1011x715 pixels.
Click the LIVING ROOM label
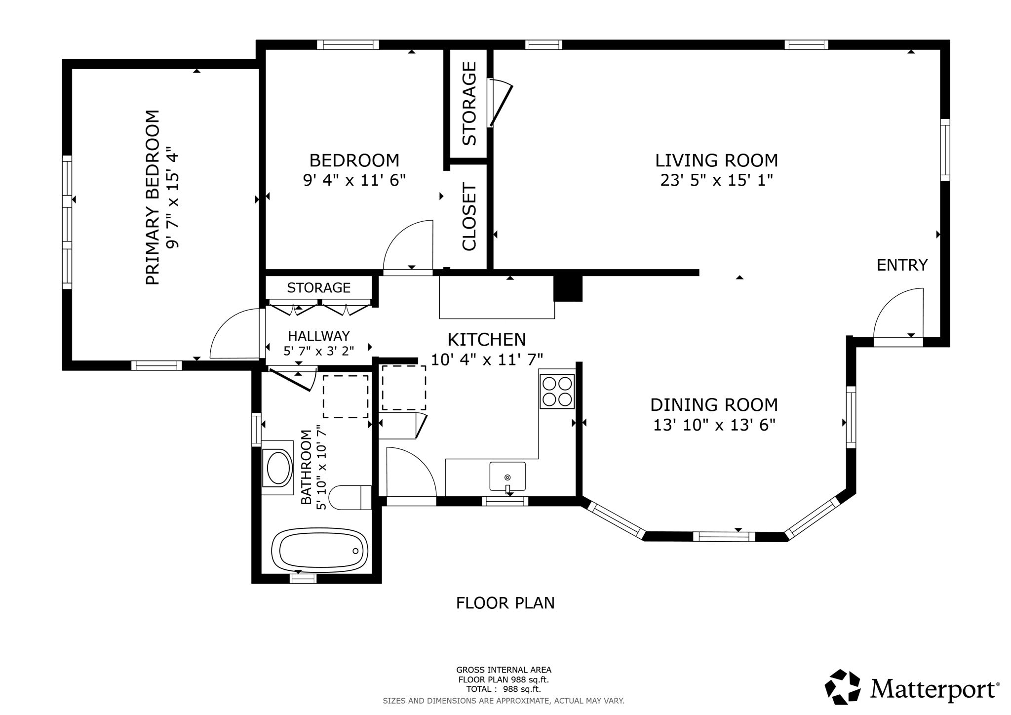coord(716,160)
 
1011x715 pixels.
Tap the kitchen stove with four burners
coord(557,391)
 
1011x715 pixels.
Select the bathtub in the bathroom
coord(320,551)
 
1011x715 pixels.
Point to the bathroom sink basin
coord(278,467)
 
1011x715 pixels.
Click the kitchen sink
coord(507,477)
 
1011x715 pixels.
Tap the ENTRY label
coord(902,265)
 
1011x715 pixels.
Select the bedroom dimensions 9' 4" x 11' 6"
coord(354,180)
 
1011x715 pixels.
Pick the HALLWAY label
coord(319,336)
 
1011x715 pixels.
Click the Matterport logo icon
coord(842,687)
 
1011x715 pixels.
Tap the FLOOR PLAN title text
coord(505,603)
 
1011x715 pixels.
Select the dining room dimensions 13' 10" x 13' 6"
coord(714,425)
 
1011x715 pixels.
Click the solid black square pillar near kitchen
coord(568,288)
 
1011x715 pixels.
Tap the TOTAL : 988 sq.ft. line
coord(504,689)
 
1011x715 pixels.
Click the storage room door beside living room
coord(501,104)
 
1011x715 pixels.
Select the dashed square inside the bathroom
coord(345,397)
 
